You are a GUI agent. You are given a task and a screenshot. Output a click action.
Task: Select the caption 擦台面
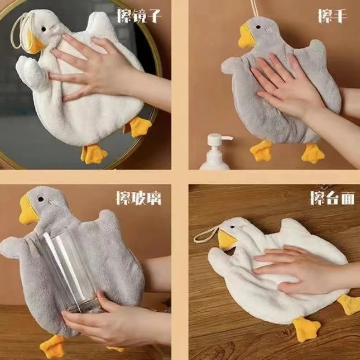(x=332, y=198)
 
